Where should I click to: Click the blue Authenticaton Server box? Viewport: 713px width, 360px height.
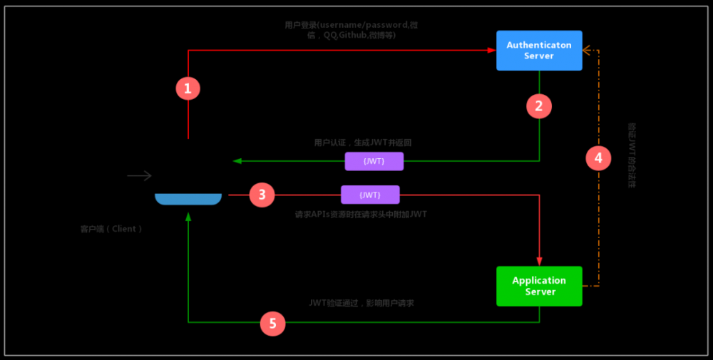click(539, 51)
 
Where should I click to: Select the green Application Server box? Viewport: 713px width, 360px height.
click(539, 286)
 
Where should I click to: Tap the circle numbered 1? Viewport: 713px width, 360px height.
click(188, 88)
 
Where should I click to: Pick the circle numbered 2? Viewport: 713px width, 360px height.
click(539, 106)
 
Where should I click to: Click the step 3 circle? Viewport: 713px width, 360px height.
click(262, 195)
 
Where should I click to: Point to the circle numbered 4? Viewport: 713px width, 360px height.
click(598, 158)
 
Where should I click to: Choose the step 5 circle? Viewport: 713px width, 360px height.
click(272, 323)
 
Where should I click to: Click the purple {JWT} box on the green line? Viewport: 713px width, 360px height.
click(374, 161)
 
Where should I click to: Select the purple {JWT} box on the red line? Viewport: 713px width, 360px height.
click(370, 195)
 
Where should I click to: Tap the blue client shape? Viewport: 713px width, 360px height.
click(188, 199)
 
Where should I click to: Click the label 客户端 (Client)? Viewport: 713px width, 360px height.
click(112, 229)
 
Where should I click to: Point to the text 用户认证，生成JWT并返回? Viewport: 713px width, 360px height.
click(362, 143)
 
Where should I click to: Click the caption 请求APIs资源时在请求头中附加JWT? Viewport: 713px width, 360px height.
click(361, 214)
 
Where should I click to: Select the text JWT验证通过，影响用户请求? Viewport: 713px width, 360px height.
click(361, 303)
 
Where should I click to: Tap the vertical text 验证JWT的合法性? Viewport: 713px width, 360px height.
click(632, 155)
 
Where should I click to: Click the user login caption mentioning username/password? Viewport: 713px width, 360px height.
click(351, 29)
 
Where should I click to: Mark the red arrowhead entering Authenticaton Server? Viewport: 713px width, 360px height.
click(492, 51)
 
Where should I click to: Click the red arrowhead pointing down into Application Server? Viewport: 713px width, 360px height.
click(539, 262)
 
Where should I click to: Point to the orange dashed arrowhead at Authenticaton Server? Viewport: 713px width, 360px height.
click(587, 51)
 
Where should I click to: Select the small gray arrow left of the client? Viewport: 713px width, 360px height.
click(140, 175)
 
